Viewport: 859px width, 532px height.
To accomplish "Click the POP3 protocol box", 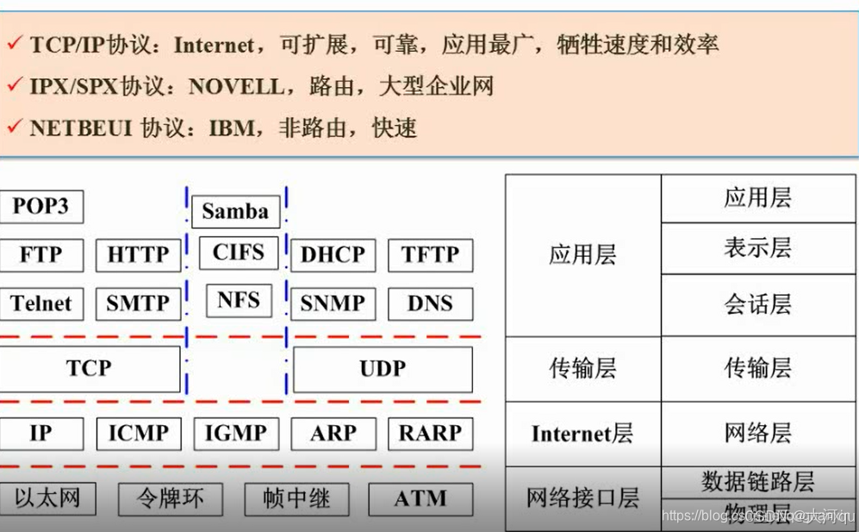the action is click(x=40, y=207).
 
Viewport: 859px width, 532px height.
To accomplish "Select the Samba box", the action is click(x=235, y=210).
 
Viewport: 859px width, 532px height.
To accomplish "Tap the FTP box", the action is click(x=41, y=255).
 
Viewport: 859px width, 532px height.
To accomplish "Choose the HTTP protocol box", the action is click(x=138, y=255).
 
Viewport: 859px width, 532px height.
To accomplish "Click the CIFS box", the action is click(x=238, y=253).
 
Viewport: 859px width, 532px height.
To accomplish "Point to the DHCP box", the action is click(x=333, y=255).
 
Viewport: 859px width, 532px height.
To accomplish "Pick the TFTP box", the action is click(x=430, y=255).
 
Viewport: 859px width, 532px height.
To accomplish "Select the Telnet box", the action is click(x=41, y=304).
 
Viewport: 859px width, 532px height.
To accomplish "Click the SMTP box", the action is click(x=138, y=304).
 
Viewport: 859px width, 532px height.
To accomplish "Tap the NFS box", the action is click(x=239, y=300).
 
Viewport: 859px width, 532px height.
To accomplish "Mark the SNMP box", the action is click(x=333, y=304).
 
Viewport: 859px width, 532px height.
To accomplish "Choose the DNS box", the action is click(x=430, y=304).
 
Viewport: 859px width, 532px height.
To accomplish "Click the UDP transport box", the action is click(x=383, y=369).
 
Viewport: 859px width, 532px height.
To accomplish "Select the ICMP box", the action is click(x=138, y=434).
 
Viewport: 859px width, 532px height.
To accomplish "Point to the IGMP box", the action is click(x=235, y=434).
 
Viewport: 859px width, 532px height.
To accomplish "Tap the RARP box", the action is click(x=430, y=434).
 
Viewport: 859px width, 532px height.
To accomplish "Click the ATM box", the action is click(x=420, y=498).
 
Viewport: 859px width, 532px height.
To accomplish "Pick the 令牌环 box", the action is click(x=170, y=498).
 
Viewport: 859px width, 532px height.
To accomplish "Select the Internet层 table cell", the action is click(x=582, y=434).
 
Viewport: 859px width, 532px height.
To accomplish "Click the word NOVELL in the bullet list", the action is click(x=235, y=86).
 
